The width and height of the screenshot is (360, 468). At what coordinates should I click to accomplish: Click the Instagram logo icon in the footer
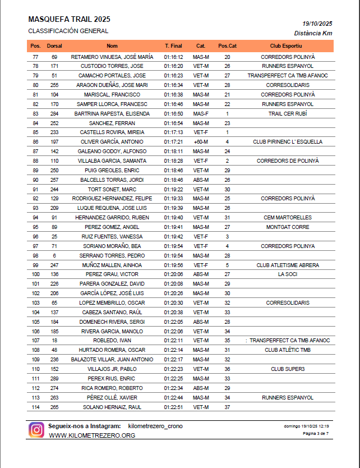click(37, 430)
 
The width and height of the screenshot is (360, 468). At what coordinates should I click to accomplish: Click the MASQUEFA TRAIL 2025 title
click(61, 19)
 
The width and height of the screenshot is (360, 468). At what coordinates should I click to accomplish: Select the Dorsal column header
click(54, 45)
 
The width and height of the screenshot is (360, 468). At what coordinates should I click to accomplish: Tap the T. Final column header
click(173, 45)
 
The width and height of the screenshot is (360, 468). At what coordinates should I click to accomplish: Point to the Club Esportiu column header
click(286, 45)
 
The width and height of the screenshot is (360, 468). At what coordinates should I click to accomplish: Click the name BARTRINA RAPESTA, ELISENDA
click(112, 113)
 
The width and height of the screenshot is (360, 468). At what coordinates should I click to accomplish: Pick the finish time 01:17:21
click(173, 142)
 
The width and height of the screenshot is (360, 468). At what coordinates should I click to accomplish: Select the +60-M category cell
click(200, 142)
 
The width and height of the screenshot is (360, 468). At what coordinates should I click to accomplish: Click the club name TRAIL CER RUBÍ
click(288, 113)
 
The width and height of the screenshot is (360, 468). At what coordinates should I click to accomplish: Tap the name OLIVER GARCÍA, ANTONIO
click(112, 142)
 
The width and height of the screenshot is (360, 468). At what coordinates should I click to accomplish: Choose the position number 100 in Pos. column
click(36, 274)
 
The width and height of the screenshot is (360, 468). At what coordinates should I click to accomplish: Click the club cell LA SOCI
click(288, 274)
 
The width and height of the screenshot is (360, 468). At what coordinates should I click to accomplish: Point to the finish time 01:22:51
click(173, 407)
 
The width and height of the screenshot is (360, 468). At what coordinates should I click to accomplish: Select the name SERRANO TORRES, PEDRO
click(112, 255)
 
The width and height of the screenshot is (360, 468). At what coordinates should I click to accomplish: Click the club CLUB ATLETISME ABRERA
click(288, 265)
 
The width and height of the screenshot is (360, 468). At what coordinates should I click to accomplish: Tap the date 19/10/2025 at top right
click(317, 24)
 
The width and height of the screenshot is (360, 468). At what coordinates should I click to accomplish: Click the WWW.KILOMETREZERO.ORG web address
click(92, 435)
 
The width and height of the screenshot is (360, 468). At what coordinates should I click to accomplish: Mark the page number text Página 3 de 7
click(316, 434)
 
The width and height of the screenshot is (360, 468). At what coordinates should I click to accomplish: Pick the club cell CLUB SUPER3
click(288, 369)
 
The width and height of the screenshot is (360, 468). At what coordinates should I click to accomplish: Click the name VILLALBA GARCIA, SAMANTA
click(112, 160)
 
